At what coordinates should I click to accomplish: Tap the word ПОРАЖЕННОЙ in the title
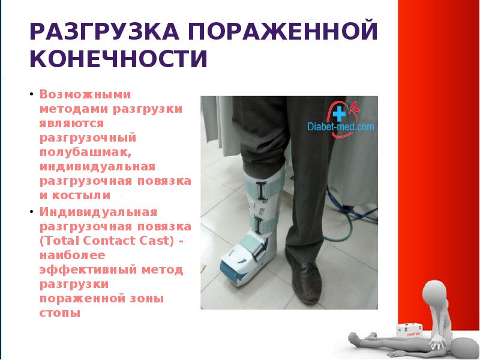286,31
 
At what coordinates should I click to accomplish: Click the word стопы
59,312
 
